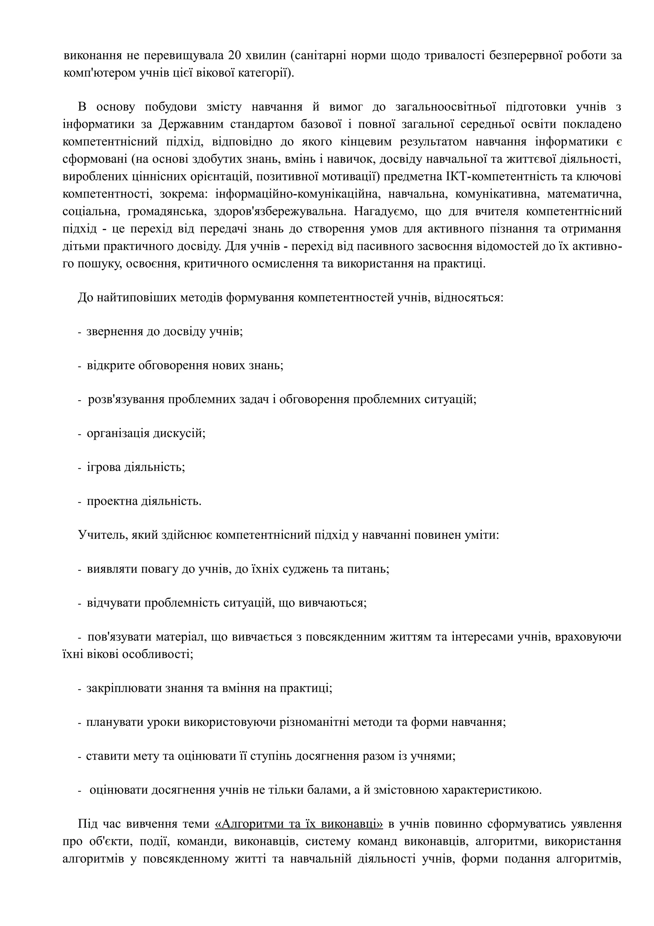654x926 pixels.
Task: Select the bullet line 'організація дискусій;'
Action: click(x=146, y=434)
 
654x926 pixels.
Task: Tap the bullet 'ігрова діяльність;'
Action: click(x=136, y=467)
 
